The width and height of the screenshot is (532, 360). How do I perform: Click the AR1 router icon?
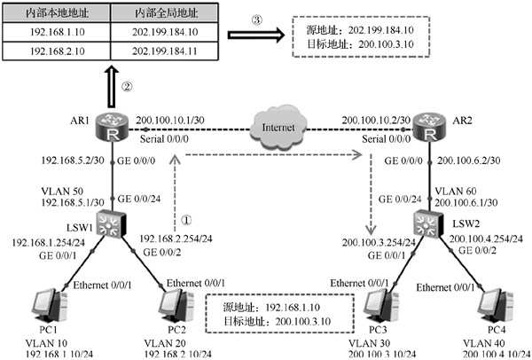tap(112, 127)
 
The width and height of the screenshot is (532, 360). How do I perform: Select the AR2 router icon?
tap(430, 127)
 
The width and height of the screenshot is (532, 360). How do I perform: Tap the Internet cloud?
tap(278, 128)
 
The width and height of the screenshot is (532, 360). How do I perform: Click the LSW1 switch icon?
tap(112, 223)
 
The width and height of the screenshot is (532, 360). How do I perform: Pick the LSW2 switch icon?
tap(428, 223)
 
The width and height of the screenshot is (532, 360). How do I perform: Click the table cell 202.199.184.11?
tap(165, 51)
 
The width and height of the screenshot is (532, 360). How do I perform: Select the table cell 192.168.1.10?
tap(57, 32)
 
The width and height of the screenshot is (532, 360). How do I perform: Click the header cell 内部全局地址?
tap(165, 13)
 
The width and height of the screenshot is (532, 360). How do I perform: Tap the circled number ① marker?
tap(186, 220)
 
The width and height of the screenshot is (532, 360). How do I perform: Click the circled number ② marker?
tap(127, 87)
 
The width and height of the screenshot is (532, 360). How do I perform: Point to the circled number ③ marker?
tap(257, 20)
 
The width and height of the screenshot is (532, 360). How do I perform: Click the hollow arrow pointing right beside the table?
tap(256, 35)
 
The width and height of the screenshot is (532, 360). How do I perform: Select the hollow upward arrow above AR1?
tap(112, 87)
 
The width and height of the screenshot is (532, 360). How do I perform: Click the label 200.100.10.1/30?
tap(170, 120)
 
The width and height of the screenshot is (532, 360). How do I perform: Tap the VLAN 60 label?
tap(456, 191)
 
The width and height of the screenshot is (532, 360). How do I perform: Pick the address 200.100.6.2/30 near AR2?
tap(468, 160)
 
